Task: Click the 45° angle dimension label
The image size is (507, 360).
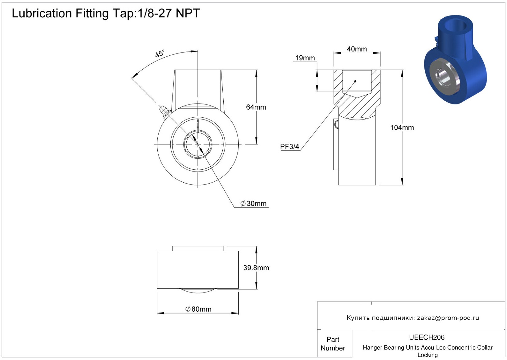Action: pos(160,54)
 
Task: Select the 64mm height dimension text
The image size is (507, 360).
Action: pos(256,107)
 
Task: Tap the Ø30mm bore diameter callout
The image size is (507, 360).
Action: pos(253,204)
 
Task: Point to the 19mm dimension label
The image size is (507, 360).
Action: pos(305,58)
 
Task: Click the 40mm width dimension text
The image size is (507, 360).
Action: pos(357,49)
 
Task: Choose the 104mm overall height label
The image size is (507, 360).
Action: pos(402,127)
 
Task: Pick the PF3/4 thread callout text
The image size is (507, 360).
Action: pos(289,147)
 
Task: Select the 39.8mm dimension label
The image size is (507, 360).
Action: pos(256,268)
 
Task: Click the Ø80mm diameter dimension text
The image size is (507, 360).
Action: pos(198,309)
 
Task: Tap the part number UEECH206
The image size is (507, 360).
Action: pos(427,338)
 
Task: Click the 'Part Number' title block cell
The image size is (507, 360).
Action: pos(333,344)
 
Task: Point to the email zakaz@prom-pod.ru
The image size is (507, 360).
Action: pos(448,318)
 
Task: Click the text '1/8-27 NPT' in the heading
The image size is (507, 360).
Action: pos(169,13)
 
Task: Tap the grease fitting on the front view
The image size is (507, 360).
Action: pos(164,111)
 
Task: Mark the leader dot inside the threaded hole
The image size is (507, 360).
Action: pos(355,81)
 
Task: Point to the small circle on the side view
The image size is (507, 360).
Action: pos(336,124)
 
